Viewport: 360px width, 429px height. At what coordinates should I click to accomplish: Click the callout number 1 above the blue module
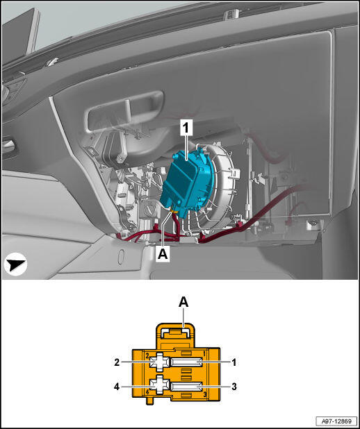tap(186, 128)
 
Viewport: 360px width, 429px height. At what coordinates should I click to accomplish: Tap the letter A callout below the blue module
tap(163, 254)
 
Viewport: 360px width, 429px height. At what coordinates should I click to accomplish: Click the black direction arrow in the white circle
tap(15, 264)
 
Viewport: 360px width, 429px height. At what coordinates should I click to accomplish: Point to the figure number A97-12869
tap(336, 421)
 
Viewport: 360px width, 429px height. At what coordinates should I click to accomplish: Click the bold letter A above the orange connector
tap(183, 303)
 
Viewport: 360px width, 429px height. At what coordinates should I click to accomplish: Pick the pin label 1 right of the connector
tap(234, 363)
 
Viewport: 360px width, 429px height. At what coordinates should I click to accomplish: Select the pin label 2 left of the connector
tap(117, 362)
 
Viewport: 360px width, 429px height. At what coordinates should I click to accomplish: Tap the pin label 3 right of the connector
tap(234, 387)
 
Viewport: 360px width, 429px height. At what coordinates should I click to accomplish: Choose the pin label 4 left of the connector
tap(117, 387)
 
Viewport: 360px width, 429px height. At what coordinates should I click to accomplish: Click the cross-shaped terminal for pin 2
tap(160, 362)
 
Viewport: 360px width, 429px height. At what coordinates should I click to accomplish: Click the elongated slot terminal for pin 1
tap(186, 363)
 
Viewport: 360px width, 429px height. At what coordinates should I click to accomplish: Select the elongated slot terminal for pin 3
tap(186, 387)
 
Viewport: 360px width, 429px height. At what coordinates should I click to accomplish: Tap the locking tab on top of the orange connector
tap(175, 336)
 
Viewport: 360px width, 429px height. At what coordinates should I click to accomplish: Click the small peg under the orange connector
tap(149, 401)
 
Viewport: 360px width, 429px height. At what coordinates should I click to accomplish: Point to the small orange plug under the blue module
tap(173, 210)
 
